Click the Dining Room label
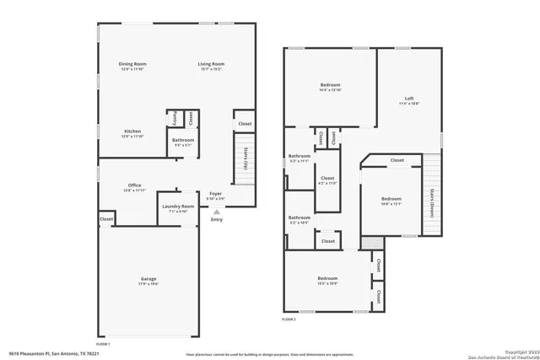coord(132,64)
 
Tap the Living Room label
coord(211,64)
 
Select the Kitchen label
coord(132,132)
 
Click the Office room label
coord(134,185)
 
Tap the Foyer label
coord(216,193)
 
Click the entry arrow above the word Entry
coord(216,212)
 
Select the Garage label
coord(148,279)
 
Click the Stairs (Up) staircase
coord(246,157)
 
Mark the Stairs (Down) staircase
coord(431,202)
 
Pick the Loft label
coord(409,99)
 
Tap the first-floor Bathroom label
coord(183,140)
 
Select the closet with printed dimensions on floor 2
coord(327,180)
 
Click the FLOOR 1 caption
coord(103,344)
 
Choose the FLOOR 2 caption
coord(289,320)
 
